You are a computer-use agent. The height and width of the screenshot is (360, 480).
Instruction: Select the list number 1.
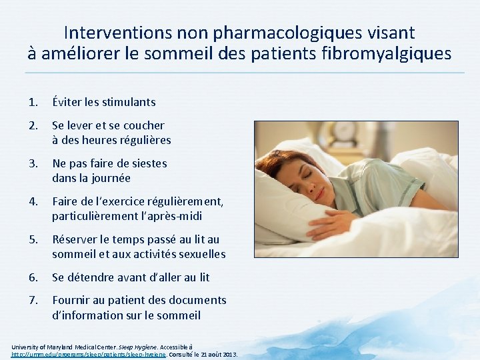pyautogui.click(x=32, y=102)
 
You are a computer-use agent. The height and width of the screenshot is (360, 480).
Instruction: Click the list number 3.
pyautogui.click(x=32, y=163)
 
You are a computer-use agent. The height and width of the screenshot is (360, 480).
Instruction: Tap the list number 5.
pyautogui.click(x=32, y=239)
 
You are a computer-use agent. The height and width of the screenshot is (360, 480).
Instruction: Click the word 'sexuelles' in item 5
pyautogui.click(x=200, y=254)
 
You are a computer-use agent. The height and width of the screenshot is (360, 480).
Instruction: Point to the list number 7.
pyautogui.click(x=32, y=300)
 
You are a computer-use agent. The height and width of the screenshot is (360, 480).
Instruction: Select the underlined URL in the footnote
pyautogui.click(x=87, y=355)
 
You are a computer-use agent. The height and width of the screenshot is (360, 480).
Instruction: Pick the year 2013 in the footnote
pyautogui.click(x=227, y=355)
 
